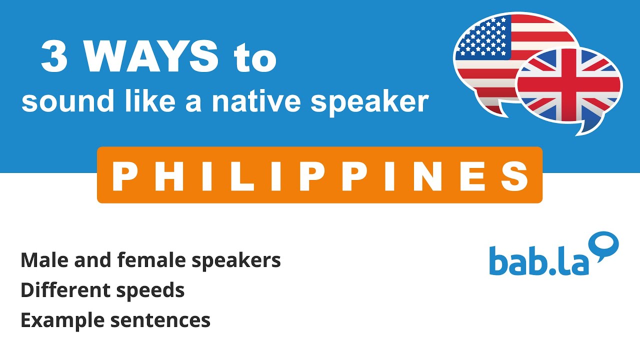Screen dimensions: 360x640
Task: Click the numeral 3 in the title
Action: click(54, 57)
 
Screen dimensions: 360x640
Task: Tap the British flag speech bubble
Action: click(570, 87)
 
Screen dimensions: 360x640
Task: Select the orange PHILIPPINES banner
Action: click(319, 175)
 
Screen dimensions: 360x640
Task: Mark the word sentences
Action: click(160, 320)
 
